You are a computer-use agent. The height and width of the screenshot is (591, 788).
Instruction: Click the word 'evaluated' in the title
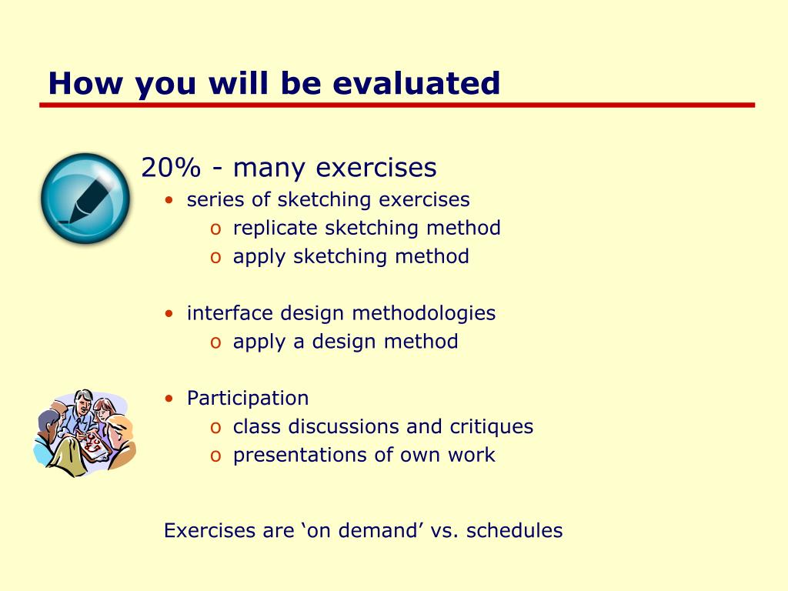tap(416, 83)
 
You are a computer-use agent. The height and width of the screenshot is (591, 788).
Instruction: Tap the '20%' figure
tap(171, 167)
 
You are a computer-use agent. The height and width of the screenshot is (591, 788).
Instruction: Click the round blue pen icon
tap(85, 199)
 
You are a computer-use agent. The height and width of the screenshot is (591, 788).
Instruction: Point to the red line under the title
tap(397, 105)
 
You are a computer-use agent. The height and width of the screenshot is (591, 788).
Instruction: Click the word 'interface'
tap(230, 312)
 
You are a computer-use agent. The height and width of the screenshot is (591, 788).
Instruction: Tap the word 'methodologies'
tap(424, 314)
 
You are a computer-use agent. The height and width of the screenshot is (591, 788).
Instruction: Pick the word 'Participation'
tap(248, 399)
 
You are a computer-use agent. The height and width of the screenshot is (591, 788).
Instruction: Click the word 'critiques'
tap(492, 427)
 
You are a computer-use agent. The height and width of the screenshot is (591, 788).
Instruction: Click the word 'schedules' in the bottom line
tap(515, 531)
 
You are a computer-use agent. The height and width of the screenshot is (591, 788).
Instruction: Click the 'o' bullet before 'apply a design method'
tap(215, 342)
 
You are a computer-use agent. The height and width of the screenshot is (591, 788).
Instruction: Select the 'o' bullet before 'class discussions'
tap(215, 428)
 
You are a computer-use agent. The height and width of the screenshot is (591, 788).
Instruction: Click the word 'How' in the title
tap(85, 83)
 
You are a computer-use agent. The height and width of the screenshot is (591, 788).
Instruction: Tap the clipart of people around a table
tap(85, 432)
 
